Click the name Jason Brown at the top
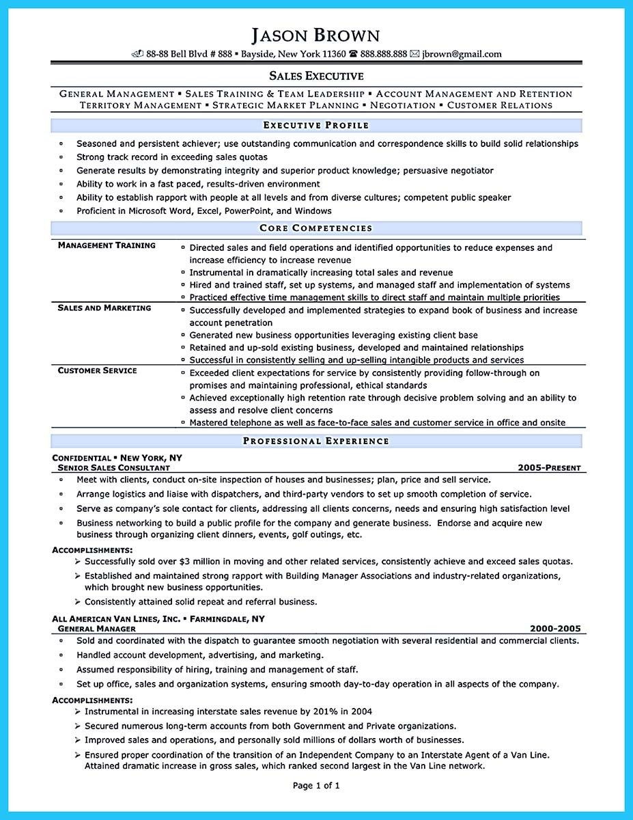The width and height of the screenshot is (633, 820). pos(316,36)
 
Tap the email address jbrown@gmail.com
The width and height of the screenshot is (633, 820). pos(462,54)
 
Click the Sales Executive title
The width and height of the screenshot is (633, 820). pos(316,76)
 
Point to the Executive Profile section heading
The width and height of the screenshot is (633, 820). pos(316,125)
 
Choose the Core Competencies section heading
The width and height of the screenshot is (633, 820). pos(316,228)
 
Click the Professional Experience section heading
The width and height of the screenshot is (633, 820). pos(316,441)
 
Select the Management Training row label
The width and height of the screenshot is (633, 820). pos(107,245)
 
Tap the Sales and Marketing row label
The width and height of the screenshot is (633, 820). pos(104,308)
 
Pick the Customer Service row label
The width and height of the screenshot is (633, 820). pos(97,370)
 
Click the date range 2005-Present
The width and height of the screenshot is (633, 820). pos(549,468)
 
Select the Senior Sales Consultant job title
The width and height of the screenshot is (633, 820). pos(114,468)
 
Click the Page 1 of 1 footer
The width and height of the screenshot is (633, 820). pos(316,786)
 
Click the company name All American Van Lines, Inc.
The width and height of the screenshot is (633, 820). pos(117,618)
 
